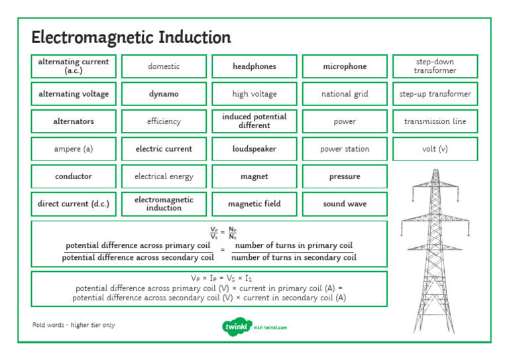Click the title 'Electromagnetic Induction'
tap(131, 37)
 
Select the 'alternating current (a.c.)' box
tap(74, 66)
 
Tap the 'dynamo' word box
tap(164, 94)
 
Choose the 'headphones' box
tap(254, 66)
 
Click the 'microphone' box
tap(345, 66)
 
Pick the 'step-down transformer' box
tap(435, 66)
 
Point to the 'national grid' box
tap(345, 94)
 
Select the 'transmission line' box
tap(435, 121)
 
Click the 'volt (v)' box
tap(435, 149)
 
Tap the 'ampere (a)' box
tap(74, 149)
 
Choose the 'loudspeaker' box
tap(254, 149)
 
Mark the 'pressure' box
tap(345, 176)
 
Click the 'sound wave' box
tap(345, 204)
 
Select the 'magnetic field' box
tap(254, 204)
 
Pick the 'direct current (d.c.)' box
tap(74, 204)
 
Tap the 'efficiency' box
tap(164, 121)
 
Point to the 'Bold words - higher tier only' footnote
tap(74, 325)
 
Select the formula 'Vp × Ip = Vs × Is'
tap(209, 278)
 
